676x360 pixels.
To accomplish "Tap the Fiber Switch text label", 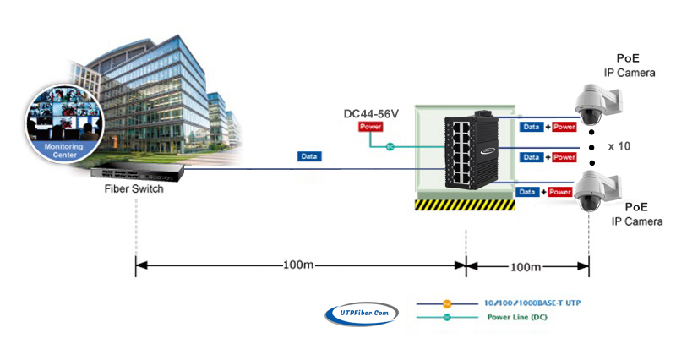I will click(x=134, y=189).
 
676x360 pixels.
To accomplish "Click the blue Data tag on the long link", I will click(x=309, y=156).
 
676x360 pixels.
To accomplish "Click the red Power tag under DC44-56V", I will click(x=371, y=127).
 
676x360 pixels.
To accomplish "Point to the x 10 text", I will click(x=619, y=145).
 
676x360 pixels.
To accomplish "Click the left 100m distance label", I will click(x=298, y=266).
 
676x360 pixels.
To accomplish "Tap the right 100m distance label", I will click(x=526, y=266).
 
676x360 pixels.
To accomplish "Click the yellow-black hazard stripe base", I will click(x=464, y=205).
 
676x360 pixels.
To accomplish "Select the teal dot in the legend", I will click(x=448, y=319).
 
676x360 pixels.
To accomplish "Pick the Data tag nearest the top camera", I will click(x=531, y=127).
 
